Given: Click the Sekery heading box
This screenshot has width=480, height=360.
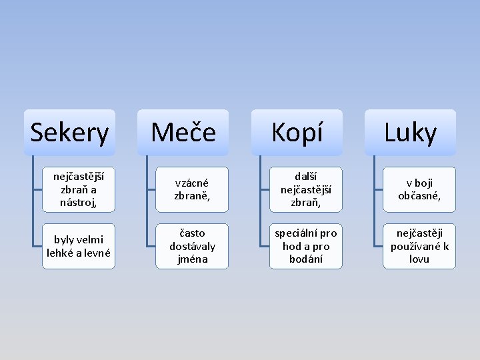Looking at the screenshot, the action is coord(69,133).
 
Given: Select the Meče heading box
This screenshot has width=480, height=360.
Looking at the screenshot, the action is coord(183,133).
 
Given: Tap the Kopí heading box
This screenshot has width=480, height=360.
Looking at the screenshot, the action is coord(296,133).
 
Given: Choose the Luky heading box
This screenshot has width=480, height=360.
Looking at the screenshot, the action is coord(409,133).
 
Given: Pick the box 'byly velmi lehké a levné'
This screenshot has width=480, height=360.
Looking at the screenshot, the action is coord(79,246).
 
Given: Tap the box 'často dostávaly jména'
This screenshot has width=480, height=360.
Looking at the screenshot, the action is coord(192,246).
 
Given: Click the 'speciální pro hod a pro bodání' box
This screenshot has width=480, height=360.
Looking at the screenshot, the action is coord(306,246).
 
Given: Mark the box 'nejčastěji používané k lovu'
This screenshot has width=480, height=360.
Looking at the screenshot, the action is coord(419,246).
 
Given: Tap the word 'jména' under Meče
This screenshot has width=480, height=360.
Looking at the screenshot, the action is coord(192,259).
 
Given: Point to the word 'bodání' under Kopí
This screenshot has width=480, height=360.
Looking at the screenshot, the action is coord(306,259).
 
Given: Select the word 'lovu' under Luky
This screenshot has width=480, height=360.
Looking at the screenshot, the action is coord(419,259).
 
